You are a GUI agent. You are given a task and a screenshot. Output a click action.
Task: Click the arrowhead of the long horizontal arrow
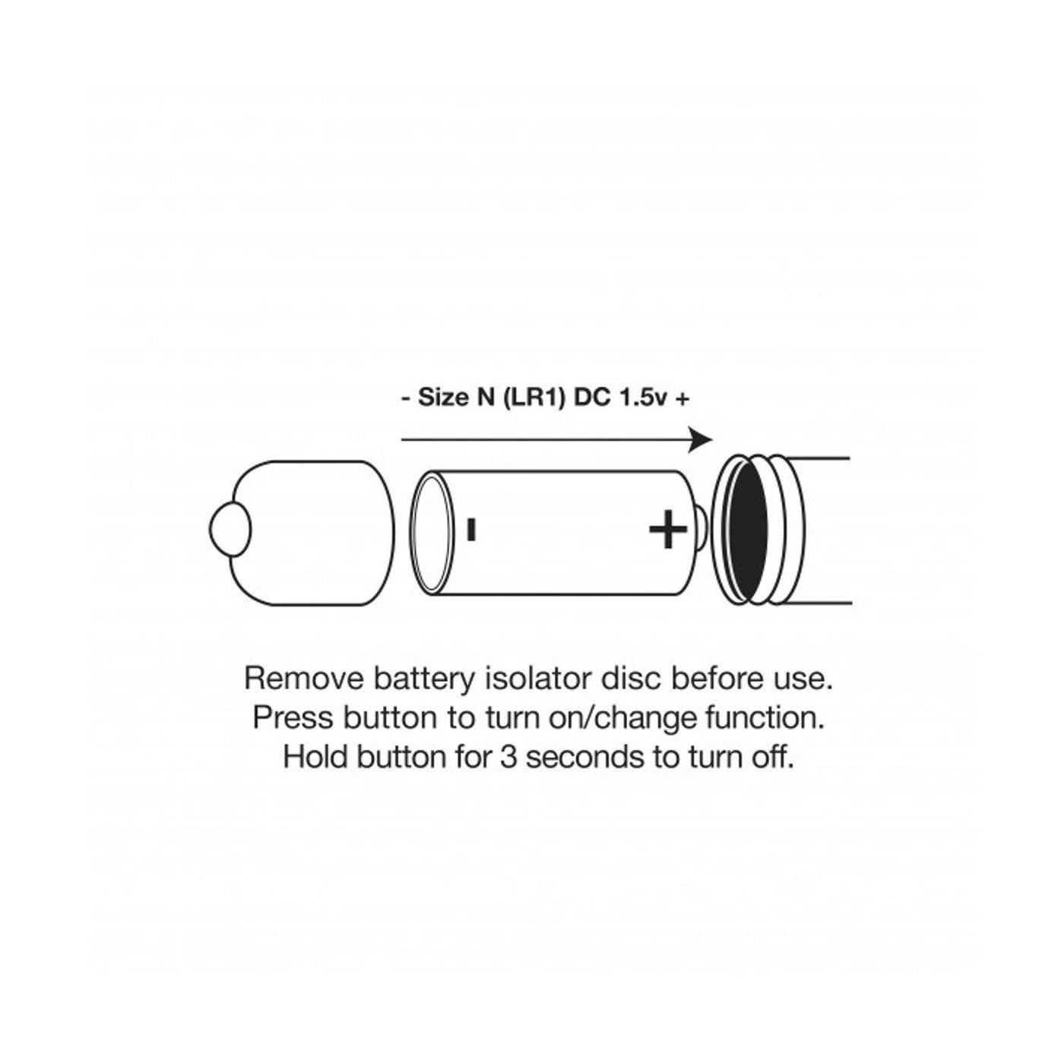point(701,439)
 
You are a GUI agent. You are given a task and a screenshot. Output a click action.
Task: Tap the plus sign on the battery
point(667,530)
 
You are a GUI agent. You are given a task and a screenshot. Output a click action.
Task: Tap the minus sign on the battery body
point(471,529)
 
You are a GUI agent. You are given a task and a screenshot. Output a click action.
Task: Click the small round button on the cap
point(230,530)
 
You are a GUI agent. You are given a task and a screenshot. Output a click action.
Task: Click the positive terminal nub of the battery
point(701,530)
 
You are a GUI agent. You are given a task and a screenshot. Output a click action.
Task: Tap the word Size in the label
point(442,398)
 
